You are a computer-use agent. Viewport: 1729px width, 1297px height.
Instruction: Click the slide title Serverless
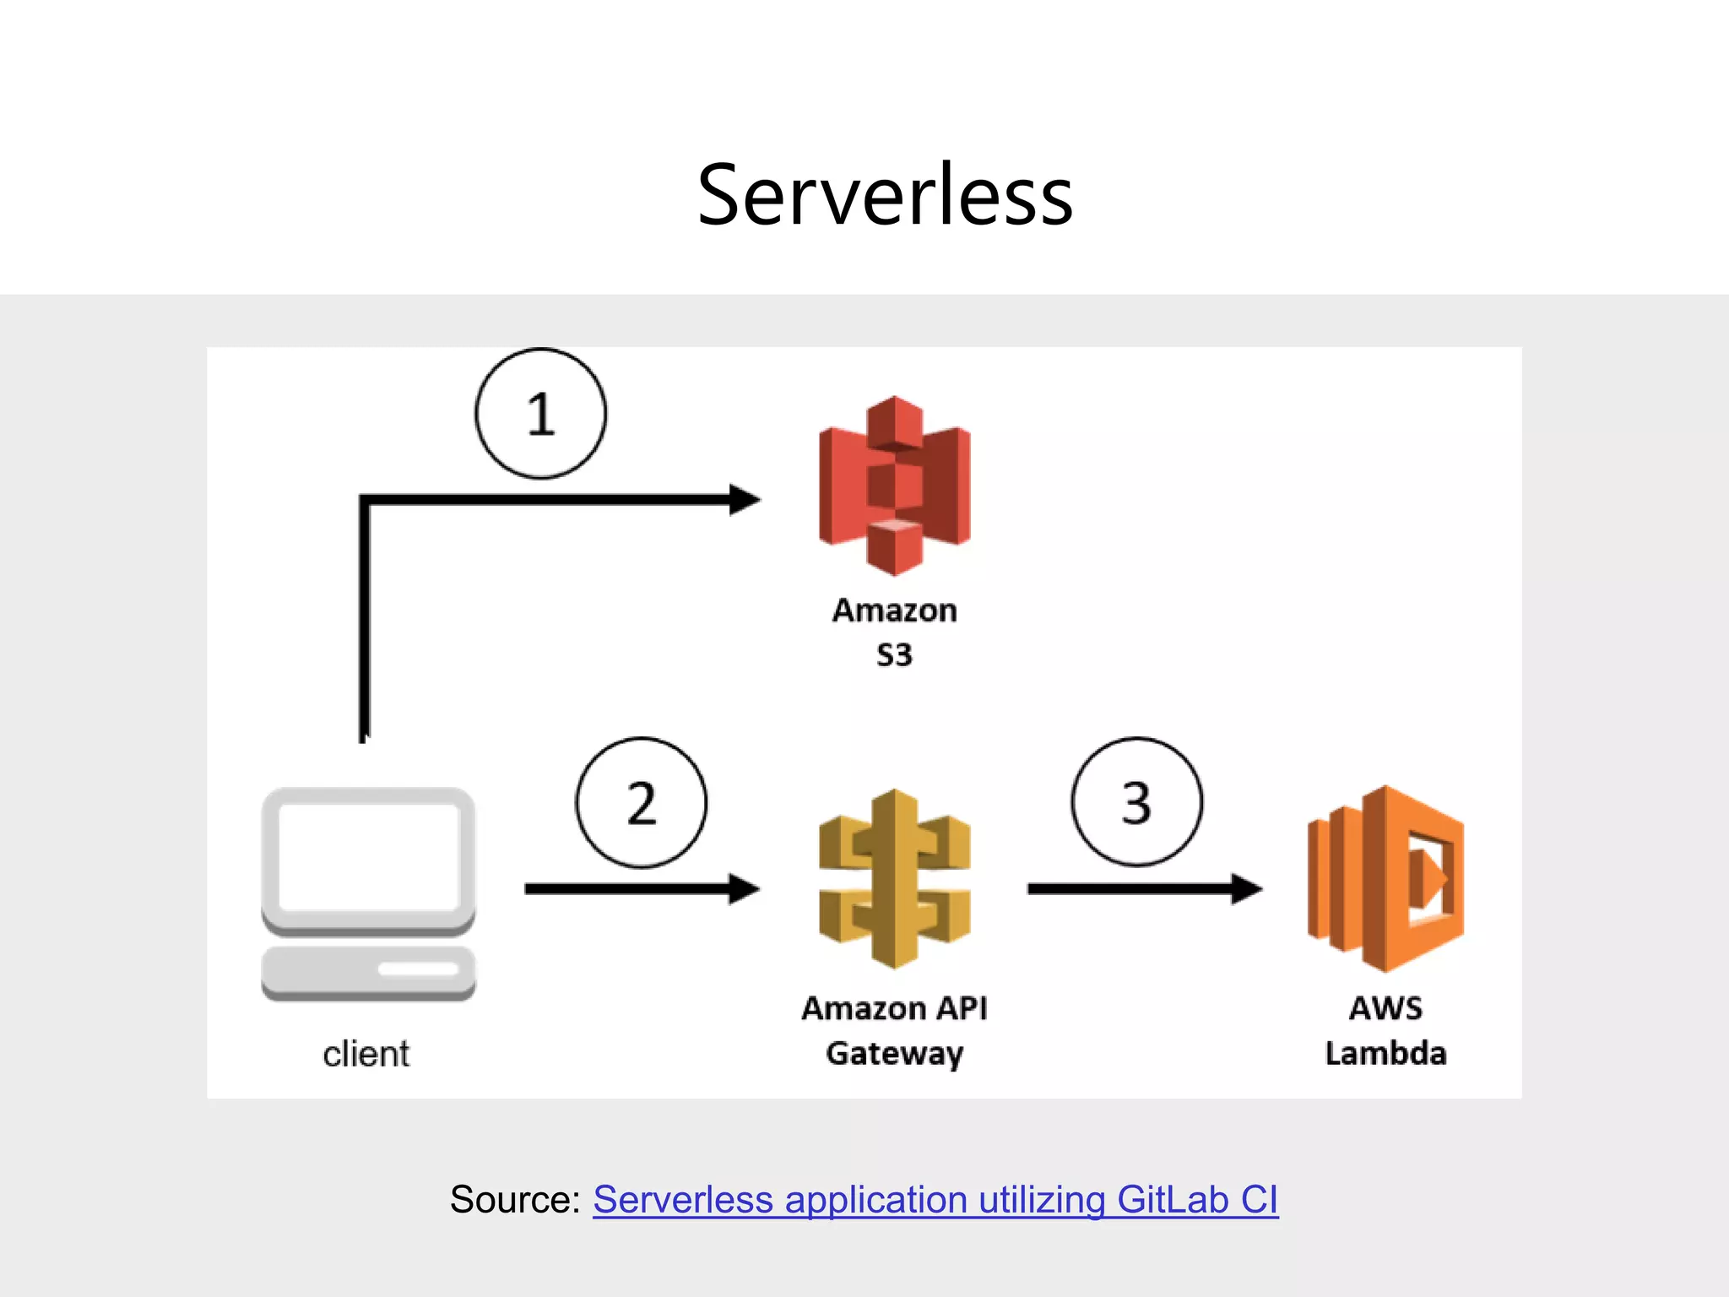point(885,195)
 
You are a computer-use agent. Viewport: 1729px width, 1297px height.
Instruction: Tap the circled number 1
point(540,414)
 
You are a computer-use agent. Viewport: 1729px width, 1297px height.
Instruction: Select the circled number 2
point(642,802)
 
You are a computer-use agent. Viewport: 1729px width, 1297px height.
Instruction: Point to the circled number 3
point(1137,802)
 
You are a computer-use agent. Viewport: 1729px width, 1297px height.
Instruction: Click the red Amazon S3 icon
point(894,486)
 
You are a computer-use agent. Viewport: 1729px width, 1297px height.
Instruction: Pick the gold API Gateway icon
point(894,879)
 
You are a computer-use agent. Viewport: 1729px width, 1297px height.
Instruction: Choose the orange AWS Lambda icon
point(1385,879)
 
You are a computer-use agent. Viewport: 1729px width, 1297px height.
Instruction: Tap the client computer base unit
point(368,973)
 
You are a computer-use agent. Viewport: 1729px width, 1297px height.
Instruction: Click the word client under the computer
point(366,1054)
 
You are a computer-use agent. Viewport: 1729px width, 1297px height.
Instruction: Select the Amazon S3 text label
point(895,632)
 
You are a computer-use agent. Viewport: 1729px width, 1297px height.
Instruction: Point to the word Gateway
point(895,1054)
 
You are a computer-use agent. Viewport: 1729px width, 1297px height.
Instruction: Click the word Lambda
point(1385,1053)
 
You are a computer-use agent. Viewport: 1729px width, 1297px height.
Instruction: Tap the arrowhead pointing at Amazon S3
point(745,500)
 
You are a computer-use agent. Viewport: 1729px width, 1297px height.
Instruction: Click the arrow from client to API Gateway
point(642,888)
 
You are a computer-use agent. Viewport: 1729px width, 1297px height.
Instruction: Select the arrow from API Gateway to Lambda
point(1145,888)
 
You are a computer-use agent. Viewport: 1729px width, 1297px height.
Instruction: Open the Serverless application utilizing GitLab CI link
point(935,1199)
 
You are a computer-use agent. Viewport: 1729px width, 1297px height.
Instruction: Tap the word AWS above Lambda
point(1385,1008)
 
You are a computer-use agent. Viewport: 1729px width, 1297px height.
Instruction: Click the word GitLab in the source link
point(1173,1199)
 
